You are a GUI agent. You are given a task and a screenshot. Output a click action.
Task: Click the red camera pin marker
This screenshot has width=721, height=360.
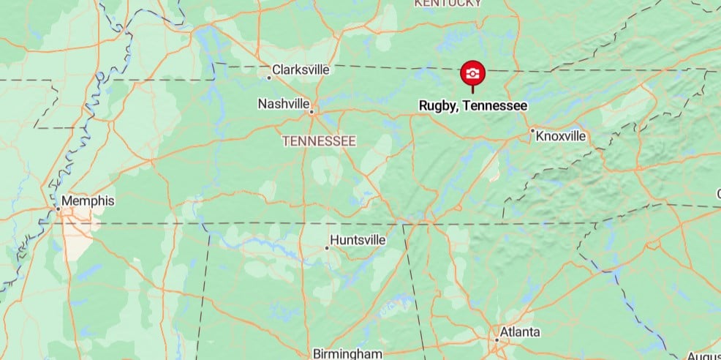click(x=472, y=73)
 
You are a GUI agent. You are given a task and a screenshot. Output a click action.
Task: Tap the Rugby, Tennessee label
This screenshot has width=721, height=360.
click(x=472, y=106)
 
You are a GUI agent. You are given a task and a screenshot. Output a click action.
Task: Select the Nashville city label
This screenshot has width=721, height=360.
click(x=283, y=104)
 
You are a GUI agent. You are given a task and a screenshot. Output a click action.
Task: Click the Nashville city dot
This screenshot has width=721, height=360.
click(x=312, y=112)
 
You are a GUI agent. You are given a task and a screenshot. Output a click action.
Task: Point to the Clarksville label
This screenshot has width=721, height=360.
click(x=301, y=70)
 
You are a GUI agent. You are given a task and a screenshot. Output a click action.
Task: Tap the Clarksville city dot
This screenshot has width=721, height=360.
click(x=269, y=77)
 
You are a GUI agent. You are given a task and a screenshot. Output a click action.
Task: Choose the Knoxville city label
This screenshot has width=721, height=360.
click(x=561, y=136)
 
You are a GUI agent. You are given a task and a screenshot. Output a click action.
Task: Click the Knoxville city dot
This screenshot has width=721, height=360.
click(x=532, y=131)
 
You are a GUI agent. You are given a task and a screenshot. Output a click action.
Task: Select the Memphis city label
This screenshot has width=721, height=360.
click(x=88, y=200)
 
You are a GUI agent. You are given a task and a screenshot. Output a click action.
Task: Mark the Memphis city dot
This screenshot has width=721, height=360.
click(x=58, y=209)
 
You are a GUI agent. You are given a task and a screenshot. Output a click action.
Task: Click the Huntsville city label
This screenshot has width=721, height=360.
click(x=358, y=239)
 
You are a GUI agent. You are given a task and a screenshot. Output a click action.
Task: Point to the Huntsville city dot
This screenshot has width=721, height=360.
click(x=327, y=247)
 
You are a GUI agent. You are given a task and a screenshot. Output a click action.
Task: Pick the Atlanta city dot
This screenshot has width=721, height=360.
click(x=497, y=340)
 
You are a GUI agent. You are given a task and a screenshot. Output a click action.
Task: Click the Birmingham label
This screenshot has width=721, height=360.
click(x=347, y=354)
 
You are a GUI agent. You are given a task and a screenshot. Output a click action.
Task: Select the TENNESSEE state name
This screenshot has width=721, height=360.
click(x=320, y=140)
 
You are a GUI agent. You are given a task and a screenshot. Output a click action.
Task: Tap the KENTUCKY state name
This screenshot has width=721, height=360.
click(x=448, y=3)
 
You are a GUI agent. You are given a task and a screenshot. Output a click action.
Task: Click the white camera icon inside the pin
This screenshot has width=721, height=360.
click(x=472, y=72)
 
